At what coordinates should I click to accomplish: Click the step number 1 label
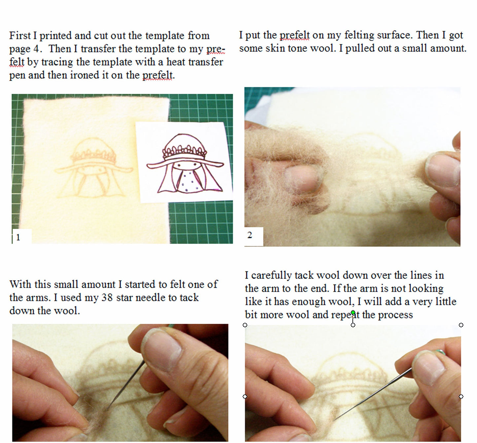click(18, 237)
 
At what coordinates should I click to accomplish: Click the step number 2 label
click(250, 235)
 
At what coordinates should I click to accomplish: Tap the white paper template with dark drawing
click(185, 162)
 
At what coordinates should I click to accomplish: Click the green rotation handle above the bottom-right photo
click(353, 312)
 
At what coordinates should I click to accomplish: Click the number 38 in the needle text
click(107, 297)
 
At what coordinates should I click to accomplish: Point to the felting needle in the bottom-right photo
click(373, 393)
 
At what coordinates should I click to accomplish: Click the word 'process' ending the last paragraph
click(395, 314)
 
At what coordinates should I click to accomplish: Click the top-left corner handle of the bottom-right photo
click(245, 325)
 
